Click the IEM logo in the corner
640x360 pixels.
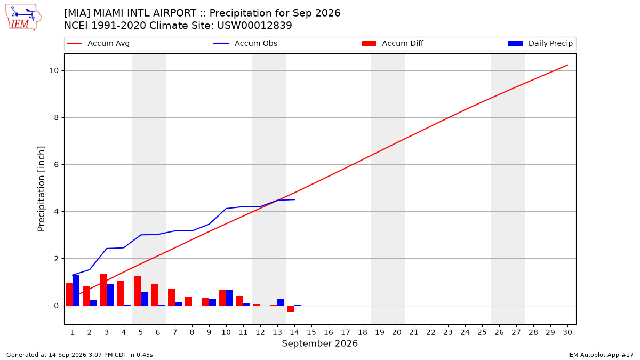[x=23, y=18]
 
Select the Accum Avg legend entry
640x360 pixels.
[x=98, y=43]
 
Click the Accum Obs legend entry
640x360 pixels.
[x=245, y=43]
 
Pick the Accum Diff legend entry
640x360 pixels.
[x=393, y=43]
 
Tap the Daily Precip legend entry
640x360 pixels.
[x=540, y=43]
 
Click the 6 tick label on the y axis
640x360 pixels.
[x=57, y=165]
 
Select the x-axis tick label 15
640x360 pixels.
[x=311, y=332]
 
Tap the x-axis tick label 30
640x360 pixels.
[x=567, y=332]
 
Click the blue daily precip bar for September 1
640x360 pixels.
[x=76, y=290]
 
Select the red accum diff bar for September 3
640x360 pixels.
[x=103, y=290]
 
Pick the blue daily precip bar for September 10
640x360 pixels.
[x=229, y=298]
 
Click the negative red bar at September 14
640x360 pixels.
[x=291, y=309]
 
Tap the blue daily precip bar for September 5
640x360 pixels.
[x=145, y=299]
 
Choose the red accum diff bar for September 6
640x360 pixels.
[x=154, y=295]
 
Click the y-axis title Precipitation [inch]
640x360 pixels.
[x=41, y=189]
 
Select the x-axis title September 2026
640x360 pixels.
[x=319, y=343]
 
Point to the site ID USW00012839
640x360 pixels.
[x=254, y=26]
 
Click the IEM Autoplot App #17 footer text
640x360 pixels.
[x=601, y=355]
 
